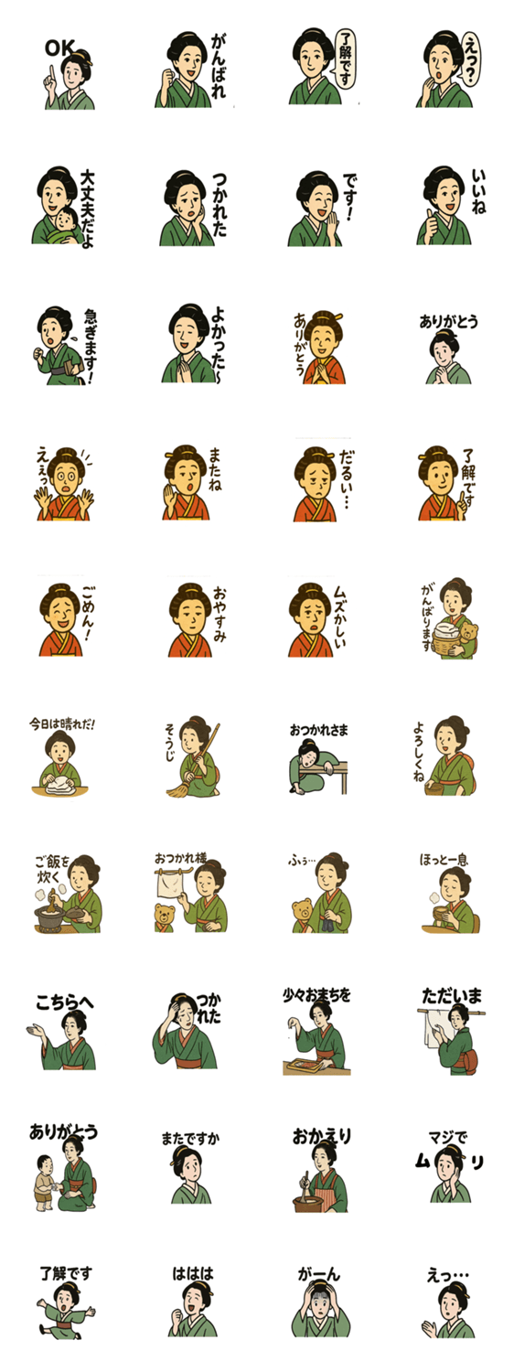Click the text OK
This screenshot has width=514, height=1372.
(x=59, y=48)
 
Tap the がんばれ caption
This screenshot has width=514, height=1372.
(x=219, y=67)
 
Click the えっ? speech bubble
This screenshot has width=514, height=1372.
(x=472, y=59)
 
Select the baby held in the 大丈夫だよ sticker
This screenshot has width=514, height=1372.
(x=66, y=227)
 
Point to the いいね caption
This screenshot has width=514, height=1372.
(x=478, y=191)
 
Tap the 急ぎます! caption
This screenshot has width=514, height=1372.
(x=91, y=345)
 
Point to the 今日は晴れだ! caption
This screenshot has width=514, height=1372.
(x=62, y=724)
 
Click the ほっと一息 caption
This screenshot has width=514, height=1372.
(x=444, y=859)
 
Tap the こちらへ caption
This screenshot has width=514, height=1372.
(x=64, y=1002)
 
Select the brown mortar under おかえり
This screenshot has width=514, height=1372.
(x=309, y=1203)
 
